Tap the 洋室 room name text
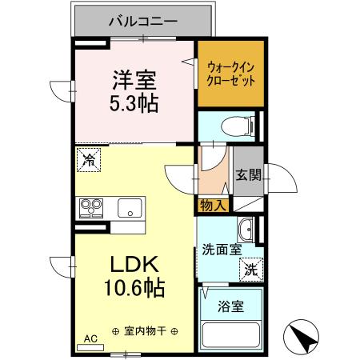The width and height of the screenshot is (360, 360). (133, 81)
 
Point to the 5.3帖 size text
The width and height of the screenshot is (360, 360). (133, 103)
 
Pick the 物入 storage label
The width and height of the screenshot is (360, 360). (212, 206)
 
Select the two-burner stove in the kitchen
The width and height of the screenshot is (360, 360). (90, 208)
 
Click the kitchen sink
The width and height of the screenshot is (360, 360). (128, 209)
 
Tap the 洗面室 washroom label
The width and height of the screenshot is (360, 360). (219, 249)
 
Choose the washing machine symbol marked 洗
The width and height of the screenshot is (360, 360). (250, 269)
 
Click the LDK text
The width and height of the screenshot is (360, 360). (133, 265)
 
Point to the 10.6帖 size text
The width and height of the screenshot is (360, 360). (133, 288)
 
